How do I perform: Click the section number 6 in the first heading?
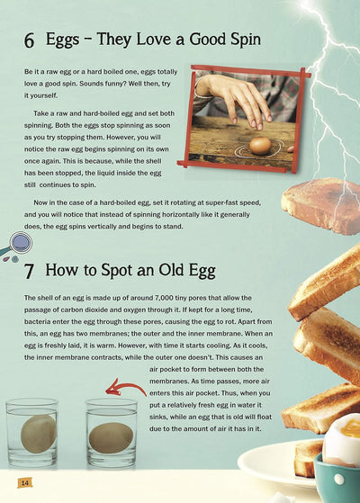(x=29, y=40)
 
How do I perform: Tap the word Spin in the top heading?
(x=246, y=40)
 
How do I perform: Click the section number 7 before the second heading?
(x=29, y=271)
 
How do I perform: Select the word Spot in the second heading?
(x=117, y=270)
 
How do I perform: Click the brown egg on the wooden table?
(x=260, y=146)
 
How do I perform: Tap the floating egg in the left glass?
(x=39, y=434)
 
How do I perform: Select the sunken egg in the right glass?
(x=111, y=438)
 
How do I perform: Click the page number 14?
(x=25, y=482)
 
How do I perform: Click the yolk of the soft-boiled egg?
(x=351, y=428)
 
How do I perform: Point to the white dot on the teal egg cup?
(x=339, y=480)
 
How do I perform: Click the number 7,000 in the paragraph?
(x=164, y=298)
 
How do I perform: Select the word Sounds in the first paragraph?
(x=91, y=84)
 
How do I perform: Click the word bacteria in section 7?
(x=37, y=321)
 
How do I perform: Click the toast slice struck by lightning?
(x=321, y=205)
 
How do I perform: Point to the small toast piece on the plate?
(x=308, y=458)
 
